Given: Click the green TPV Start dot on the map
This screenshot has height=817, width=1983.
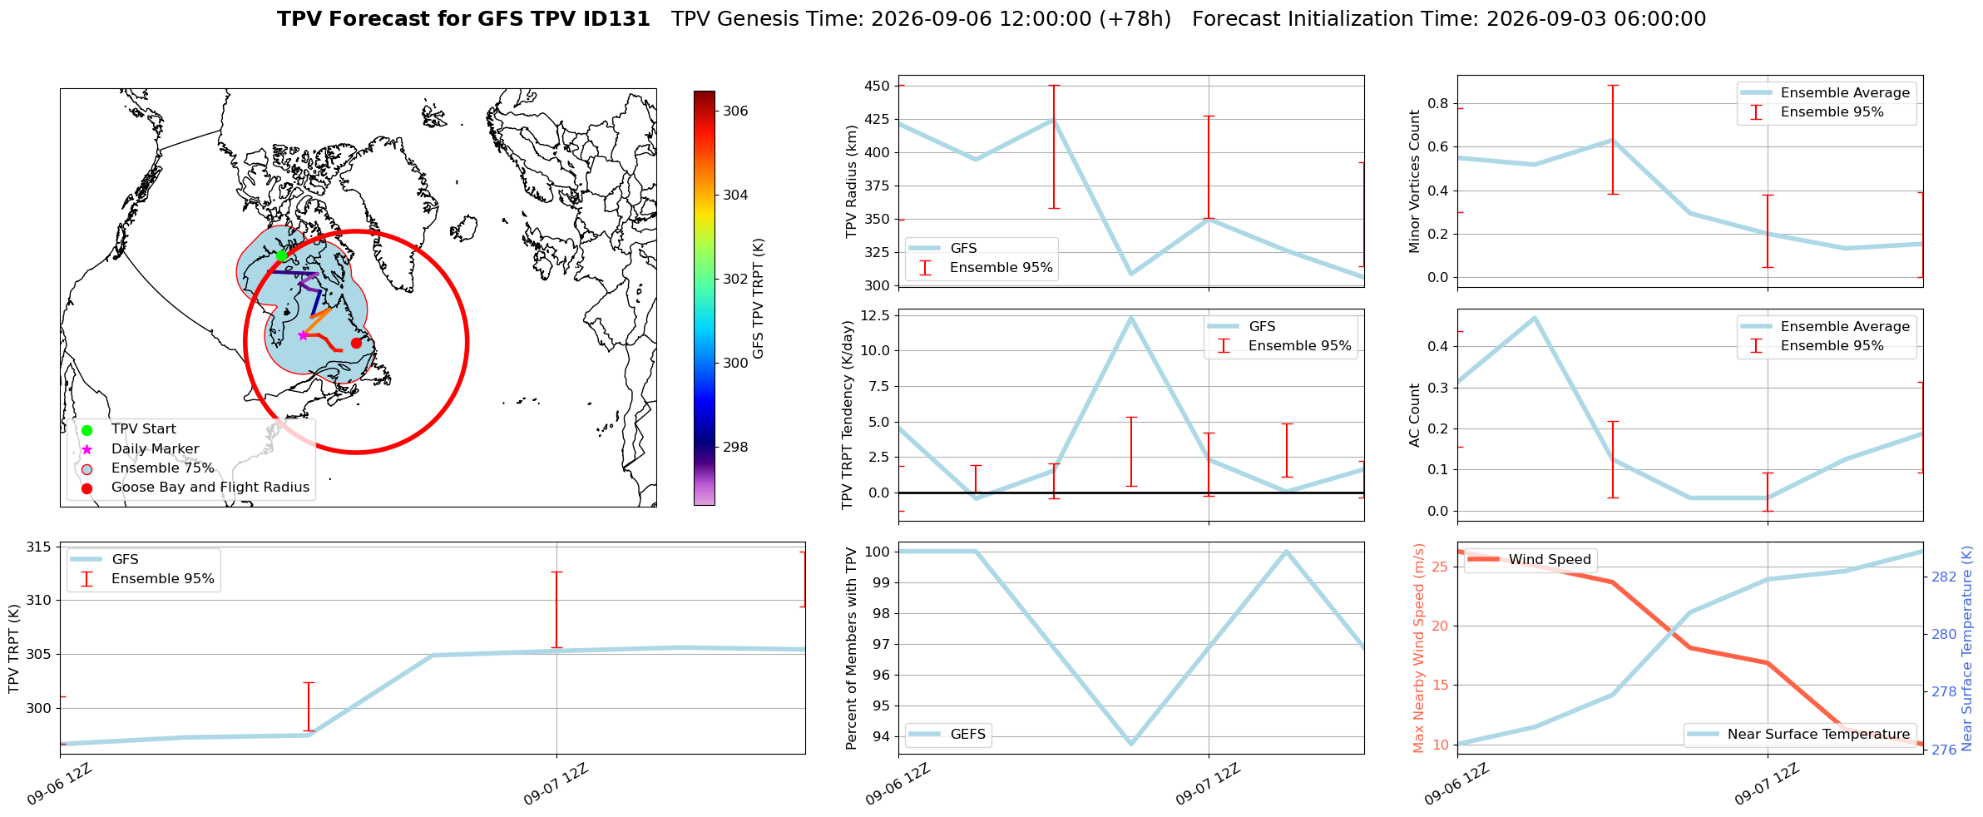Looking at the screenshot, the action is click(x=281, y=255).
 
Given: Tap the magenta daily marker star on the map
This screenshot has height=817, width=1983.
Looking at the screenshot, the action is click(x=303, y=335).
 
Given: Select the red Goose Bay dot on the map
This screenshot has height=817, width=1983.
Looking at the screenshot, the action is click(x=356, y=343).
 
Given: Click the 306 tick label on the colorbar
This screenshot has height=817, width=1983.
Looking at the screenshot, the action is click(x=735, y=111).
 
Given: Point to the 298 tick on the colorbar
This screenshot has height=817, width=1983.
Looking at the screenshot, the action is click(x=735, y=447).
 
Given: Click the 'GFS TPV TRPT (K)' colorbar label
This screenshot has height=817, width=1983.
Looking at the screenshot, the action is click(x=759, y=299).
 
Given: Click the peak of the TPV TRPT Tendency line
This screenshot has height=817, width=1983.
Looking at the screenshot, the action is click(x=1130, y=317).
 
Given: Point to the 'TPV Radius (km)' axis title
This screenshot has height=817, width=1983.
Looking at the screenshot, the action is click(x=851, y=181).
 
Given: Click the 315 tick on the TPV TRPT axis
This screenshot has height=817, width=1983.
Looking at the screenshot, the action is click(x=38, y=547).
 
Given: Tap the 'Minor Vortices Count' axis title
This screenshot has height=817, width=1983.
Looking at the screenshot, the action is click(x=1415, y=181).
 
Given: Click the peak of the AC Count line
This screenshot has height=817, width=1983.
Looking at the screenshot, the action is click(x=1535, y=317).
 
